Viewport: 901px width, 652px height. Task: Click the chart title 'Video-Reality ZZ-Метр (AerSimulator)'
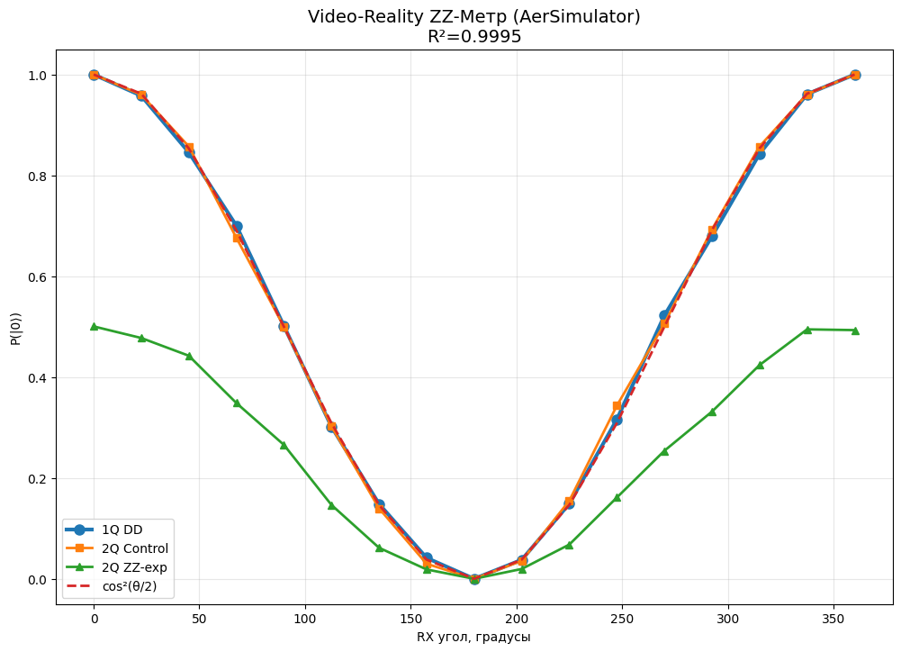click(x=474, y=17)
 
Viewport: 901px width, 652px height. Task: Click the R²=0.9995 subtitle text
click(x=474, y=37)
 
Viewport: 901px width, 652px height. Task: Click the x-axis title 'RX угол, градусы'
click(x=474, y=637)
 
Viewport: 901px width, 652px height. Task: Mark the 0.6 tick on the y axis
click(x=40, y=276)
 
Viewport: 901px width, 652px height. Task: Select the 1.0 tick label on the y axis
click(x=40, y=75)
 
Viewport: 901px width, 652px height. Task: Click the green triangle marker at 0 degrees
click(x=94, y=326)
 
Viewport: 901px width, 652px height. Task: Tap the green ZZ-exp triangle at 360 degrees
click(x=855, y=331)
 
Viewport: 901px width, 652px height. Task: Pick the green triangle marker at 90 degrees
click(x=284, y=445)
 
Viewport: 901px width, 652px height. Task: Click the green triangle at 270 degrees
click(x=664, y=451)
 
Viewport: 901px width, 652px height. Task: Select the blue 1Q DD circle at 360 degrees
click(x=855, y=75)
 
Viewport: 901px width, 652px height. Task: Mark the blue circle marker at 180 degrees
click(x=474, y=579)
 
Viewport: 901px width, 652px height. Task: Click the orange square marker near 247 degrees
click(x=617, y=406)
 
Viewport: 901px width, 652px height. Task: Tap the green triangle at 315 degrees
click(x=760, y=365)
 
